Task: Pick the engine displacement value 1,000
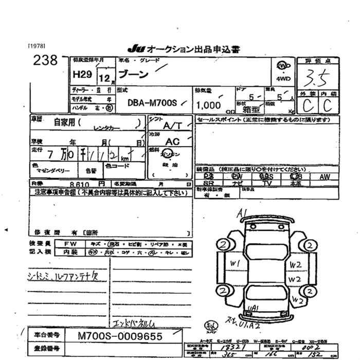pyautogui.click(x=208, y=105)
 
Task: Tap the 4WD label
pyautogui.click(x=283, y=79)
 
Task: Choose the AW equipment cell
pyautogui.click(x=325, y=176)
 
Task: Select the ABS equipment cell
pyautogui.click(x=266, y=176)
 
